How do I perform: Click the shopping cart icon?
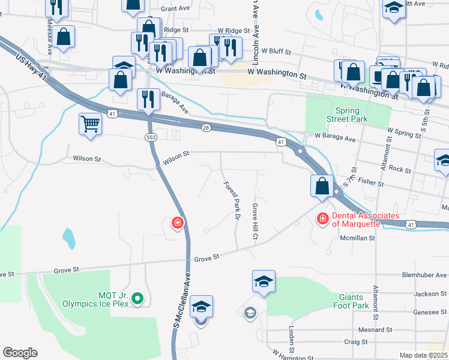pyautogui.click(x=90, y=124)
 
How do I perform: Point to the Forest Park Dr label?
pyautogui.click(x=232, y=200)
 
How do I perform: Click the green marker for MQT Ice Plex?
pyautogui.click(x=137, y=298)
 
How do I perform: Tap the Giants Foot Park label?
pyautogui.click(x=358, y=301)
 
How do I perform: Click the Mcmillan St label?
pyautogui.click(x=357, y=238)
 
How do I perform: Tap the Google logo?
pyautogui.click(x=20, y=352)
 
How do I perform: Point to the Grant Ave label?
pyautogui.click(x=175, y=9)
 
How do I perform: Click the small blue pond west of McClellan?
pyautogui.click(x=68, y=238)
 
